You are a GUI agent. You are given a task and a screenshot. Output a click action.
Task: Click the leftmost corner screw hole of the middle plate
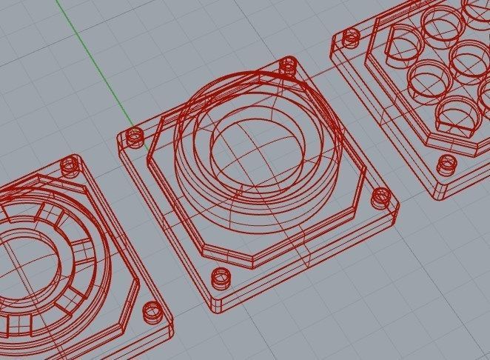coord(135,137)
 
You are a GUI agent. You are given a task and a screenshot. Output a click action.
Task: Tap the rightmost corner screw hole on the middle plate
coord(381,197)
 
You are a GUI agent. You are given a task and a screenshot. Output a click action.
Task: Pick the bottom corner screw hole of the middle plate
coord(221,278)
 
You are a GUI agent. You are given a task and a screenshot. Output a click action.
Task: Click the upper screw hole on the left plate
coord(70,164)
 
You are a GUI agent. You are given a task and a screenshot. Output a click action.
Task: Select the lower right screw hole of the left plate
coord(152,309)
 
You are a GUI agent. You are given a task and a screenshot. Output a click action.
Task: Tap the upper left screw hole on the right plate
coord(351,35)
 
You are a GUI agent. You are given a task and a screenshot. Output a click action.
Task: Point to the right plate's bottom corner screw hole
coord(444,164)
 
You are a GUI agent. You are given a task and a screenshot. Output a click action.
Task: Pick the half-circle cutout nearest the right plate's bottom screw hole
coord(456,118)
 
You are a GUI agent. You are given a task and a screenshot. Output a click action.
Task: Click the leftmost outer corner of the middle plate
coord(118,138)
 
